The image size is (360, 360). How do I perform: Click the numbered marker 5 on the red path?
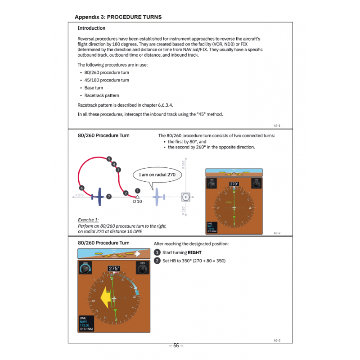109,159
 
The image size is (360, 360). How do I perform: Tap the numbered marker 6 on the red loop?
81,188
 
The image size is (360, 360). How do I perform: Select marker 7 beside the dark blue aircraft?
108,196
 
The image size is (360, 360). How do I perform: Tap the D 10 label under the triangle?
137,202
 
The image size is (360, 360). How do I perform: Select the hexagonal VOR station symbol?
185,197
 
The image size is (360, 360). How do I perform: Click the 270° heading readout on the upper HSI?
234,184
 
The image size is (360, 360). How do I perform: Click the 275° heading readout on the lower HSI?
114,269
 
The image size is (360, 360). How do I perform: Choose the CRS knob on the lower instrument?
143,269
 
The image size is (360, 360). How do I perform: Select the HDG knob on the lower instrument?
85,269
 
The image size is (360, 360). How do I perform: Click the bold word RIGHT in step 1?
194,253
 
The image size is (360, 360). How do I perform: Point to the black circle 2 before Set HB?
157,261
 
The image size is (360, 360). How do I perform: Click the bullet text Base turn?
94,88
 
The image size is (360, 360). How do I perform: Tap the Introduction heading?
91,28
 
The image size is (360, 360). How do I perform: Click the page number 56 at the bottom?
176,346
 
